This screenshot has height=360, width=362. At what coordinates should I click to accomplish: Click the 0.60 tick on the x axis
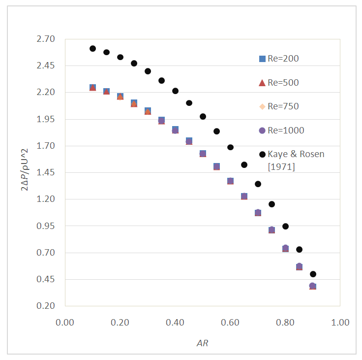(230, 323)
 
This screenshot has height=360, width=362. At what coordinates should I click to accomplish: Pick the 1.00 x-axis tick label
(340, 323)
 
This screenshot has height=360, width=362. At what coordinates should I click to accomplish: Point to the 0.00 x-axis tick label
(65, 323)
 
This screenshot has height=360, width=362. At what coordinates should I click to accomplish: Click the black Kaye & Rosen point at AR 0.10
(92, 48)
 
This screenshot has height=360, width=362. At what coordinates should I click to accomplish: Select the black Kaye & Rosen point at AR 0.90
(313, 274)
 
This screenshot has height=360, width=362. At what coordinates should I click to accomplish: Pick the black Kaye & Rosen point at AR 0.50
(203, 116)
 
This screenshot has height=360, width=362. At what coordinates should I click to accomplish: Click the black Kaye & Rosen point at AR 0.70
(258, 184)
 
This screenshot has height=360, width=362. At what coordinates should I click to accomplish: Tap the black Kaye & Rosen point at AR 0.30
(148, 71)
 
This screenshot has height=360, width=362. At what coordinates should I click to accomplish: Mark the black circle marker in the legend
(262, 154)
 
